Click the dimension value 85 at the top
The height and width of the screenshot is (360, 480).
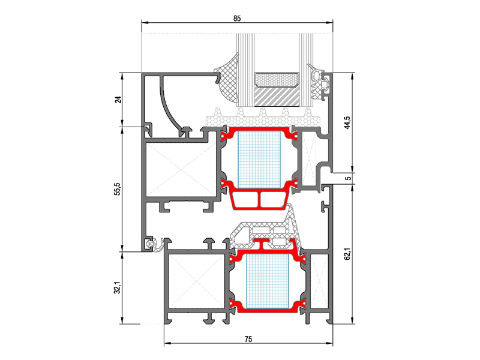click(x=237, y=19)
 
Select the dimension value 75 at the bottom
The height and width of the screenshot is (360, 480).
click(x=248, y=339)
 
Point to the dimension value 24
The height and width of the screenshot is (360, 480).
click(x=118, y=100)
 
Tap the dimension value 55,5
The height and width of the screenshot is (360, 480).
click(x=118, y=189)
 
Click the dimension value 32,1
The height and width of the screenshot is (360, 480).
click(x=118, y=288)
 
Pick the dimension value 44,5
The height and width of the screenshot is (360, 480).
click(x=347, y=122)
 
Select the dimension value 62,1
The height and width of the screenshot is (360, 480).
click(x=347, y=254)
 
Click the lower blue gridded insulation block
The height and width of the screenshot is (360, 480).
click(x=267, y=281)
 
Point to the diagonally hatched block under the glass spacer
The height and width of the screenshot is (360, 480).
click(x=277, y=97)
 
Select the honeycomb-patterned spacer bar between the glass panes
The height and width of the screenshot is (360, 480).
click(x=277, y=80)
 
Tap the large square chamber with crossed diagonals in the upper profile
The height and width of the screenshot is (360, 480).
click(x=181, y=169)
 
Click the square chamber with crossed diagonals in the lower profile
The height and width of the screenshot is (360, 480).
click(x=197, y=281)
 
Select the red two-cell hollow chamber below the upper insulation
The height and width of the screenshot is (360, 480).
click(x=260, y=200)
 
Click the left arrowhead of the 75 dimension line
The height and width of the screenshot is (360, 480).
click(x=167, y=343)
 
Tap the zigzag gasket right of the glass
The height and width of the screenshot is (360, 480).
click(x=319, y=82)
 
